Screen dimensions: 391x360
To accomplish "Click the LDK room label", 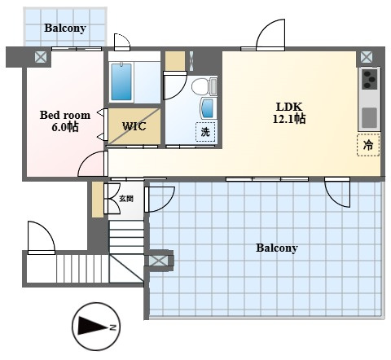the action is (289, 107).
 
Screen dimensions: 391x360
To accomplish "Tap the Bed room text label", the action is (65, 115).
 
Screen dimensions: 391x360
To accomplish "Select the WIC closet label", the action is (134, 126).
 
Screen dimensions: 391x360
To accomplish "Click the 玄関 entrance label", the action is (126, 199).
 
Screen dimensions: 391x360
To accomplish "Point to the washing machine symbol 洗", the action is (205, 132).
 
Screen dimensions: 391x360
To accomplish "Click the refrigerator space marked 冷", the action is (368, 145).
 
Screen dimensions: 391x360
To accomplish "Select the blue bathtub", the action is (121, 81).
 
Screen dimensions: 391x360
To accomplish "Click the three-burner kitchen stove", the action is (370, 80).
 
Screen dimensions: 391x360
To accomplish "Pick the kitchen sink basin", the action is (370, 117).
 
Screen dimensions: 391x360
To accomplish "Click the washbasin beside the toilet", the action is (208, 108).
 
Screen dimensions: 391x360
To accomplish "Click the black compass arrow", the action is (93, 326).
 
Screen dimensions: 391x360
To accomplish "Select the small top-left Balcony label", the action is (65, 28).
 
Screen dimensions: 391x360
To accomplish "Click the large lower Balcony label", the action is (277, 248).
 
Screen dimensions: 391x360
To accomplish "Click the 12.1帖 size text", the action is (289, 119).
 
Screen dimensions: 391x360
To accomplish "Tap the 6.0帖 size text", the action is (65, 127).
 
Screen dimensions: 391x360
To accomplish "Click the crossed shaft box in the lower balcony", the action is (159, 261).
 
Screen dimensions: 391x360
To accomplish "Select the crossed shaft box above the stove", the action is (367, 57).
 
